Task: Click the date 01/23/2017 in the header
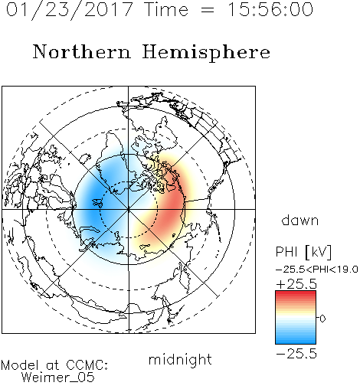click(x=70, y=10)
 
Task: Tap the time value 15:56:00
click(x=270, y=10)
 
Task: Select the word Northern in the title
click(x=82, y=51)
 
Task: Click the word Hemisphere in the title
click(x=206, y=53)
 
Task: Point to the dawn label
click(x=300, y=220)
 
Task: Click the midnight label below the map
click(x=180, y=359)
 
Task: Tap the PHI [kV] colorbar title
click(x=304, y=252)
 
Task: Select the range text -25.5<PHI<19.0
click(x=317, y=270)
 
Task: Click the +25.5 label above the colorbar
click(x=296, y=284)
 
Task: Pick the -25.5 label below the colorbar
click(x=296, y=354)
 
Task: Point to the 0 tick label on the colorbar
click(x=322, y=319)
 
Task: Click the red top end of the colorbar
click(x=296, y=293)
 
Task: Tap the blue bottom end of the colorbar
click(x=296, y=342)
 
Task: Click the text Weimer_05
click(x=58, y=377)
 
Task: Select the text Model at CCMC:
click(x=54, y=364)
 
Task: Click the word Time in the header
click(x=166, y=10)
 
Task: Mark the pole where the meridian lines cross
click(x=129, y=210)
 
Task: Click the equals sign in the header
click(x=208, y=10)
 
